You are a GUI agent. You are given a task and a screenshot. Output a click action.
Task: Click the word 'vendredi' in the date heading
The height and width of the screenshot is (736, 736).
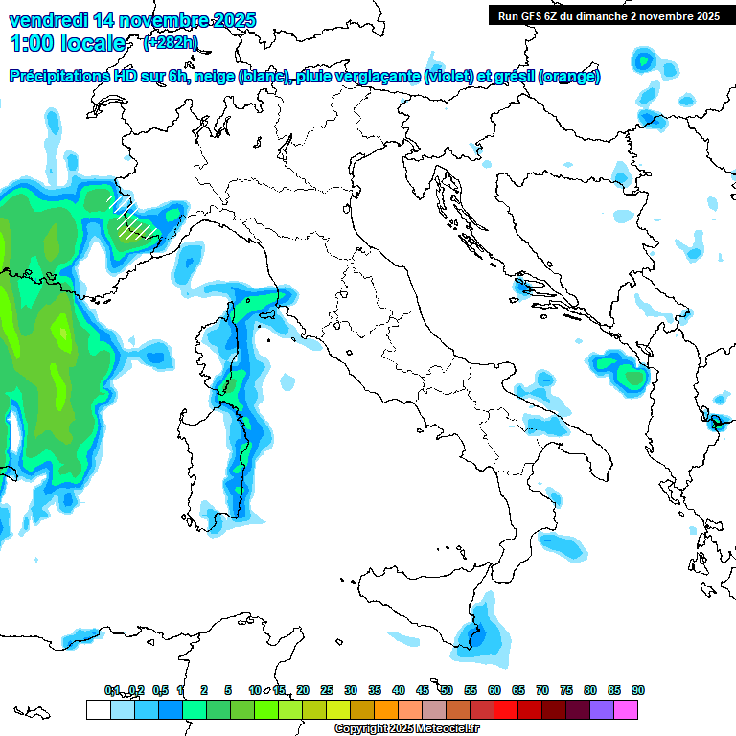tap(45, 19)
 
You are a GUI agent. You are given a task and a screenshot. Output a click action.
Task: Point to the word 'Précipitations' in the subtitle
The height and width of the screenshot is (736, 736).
tap(60, 77)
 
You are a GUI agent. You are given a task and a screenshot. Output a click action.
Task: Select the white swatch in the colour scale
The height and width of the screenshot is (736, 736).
tap(98, 709)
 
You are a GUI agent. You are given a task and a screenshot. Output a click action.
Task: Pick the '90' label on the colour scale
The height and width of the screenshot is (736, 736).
tap(638, 690)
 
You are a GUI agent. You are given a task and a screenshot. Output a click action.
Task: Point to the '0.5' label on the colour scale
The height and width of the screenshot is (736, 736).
tap(159, 690)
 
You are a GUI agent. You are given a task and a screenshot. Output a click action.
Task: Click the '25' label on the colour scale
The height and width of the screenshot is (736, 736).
tap(327, 690)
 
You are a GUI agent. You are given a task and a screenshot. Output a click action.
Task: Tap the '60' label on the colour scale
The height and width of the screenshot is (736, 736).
tap(494, 690)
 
